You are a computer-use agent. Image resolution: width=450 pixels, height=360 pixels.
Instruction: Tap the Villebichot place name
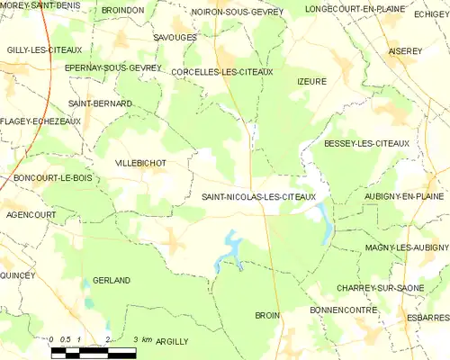[x=140, y=163]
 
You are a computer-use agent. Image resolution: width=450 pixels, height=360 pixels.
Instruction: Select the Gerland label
[x=112, y=280]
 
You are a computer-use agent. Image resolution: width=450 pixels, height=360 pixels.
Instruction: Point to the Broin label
[x=267, y=316]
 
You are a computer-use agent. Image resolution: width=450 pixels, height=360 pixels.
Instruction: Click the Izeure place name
[x=310, y=81]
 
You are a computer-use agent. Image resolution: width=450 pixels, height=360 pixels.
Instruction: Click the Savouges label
[x=175, y=38]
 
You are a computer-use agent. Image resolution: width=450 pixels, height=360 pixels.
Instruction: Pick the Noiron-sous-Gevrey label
[x=238, y=12]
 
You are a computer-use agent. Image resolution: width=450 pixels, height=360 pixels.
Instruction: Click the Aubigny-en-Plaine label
[x=400, y=196]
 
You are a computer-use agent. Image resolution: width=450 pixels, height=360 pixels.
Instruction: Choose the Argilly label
[x=172, y=342]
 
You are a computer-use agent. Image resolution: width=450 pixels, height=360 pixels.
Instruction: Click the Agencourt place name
[x=30, y=215]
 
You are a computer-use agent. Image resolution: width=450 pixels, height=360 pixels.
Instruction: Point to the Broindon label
[x=122, y=10]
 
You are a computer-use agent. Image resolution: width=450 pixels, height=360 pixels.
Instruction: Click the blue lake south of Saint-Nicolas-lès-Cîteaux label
[x=230, y=250]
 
